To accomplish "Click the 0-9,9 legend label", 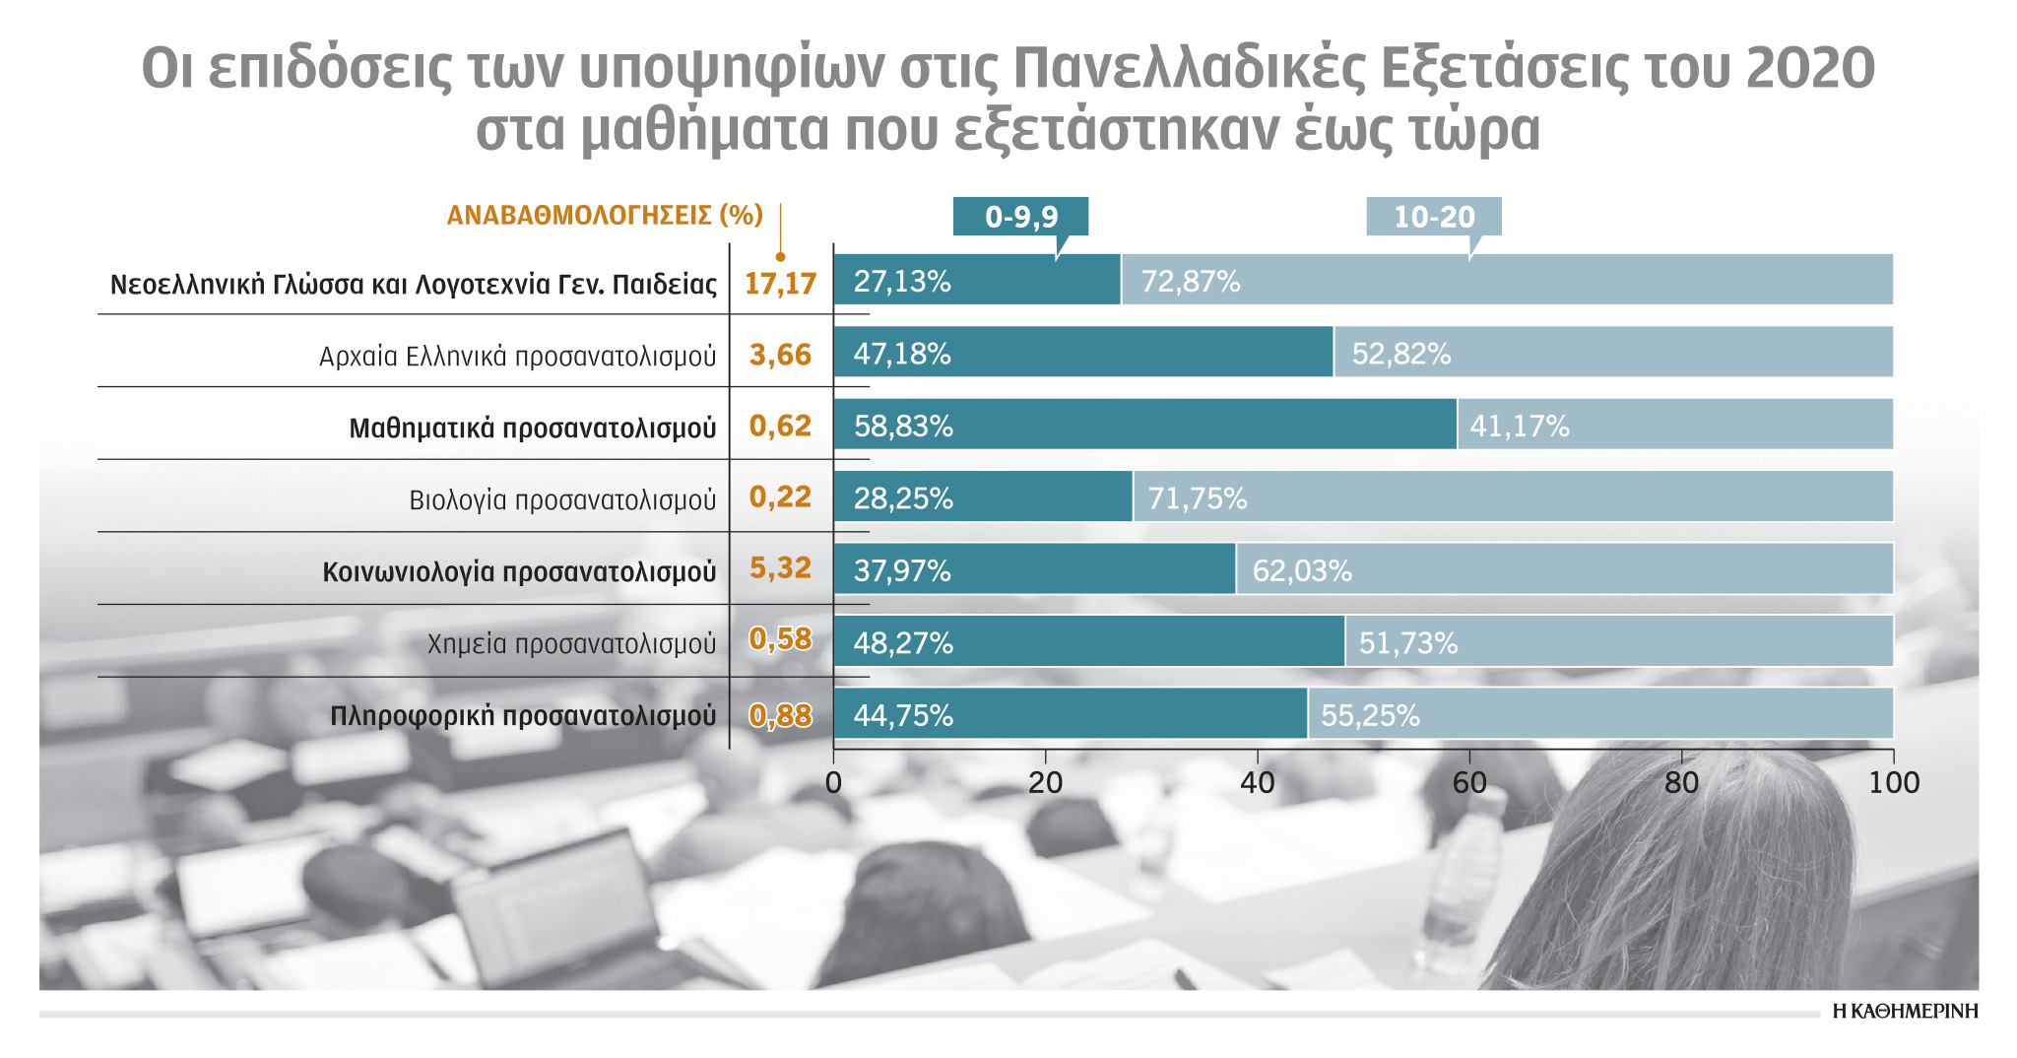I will pos(1020,217).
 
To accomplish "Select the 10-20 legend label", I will pos(1433,217).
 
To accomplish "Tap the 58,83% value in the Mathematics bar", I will pos(903,426).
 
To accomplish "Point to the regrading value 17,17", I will pos(780,284).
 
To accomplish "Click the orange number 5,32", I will pos(780,568).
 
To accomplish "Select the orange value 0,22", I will pos(780,496).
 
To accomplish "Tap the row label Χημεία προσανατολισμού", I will pos(571,644).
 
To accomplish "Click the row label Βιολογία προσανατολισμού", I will pos(562,500).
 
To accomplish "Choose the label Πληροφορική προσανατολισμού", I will pos(522,716).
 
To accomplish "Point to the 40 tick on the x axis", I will pos(1258,783).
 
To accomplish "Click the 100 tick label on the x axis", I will pos(1894,783).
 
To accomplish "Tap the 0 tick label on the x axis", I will pos(833,783).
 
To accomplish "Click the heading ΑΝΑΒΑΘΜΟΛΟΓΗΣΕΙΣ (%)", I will pos(605,216).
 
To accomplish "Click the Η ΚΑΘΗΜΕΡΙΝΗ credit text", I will pos(1905,1012).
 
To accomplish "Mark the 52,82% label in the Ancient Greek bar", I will pos(1400,354).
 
